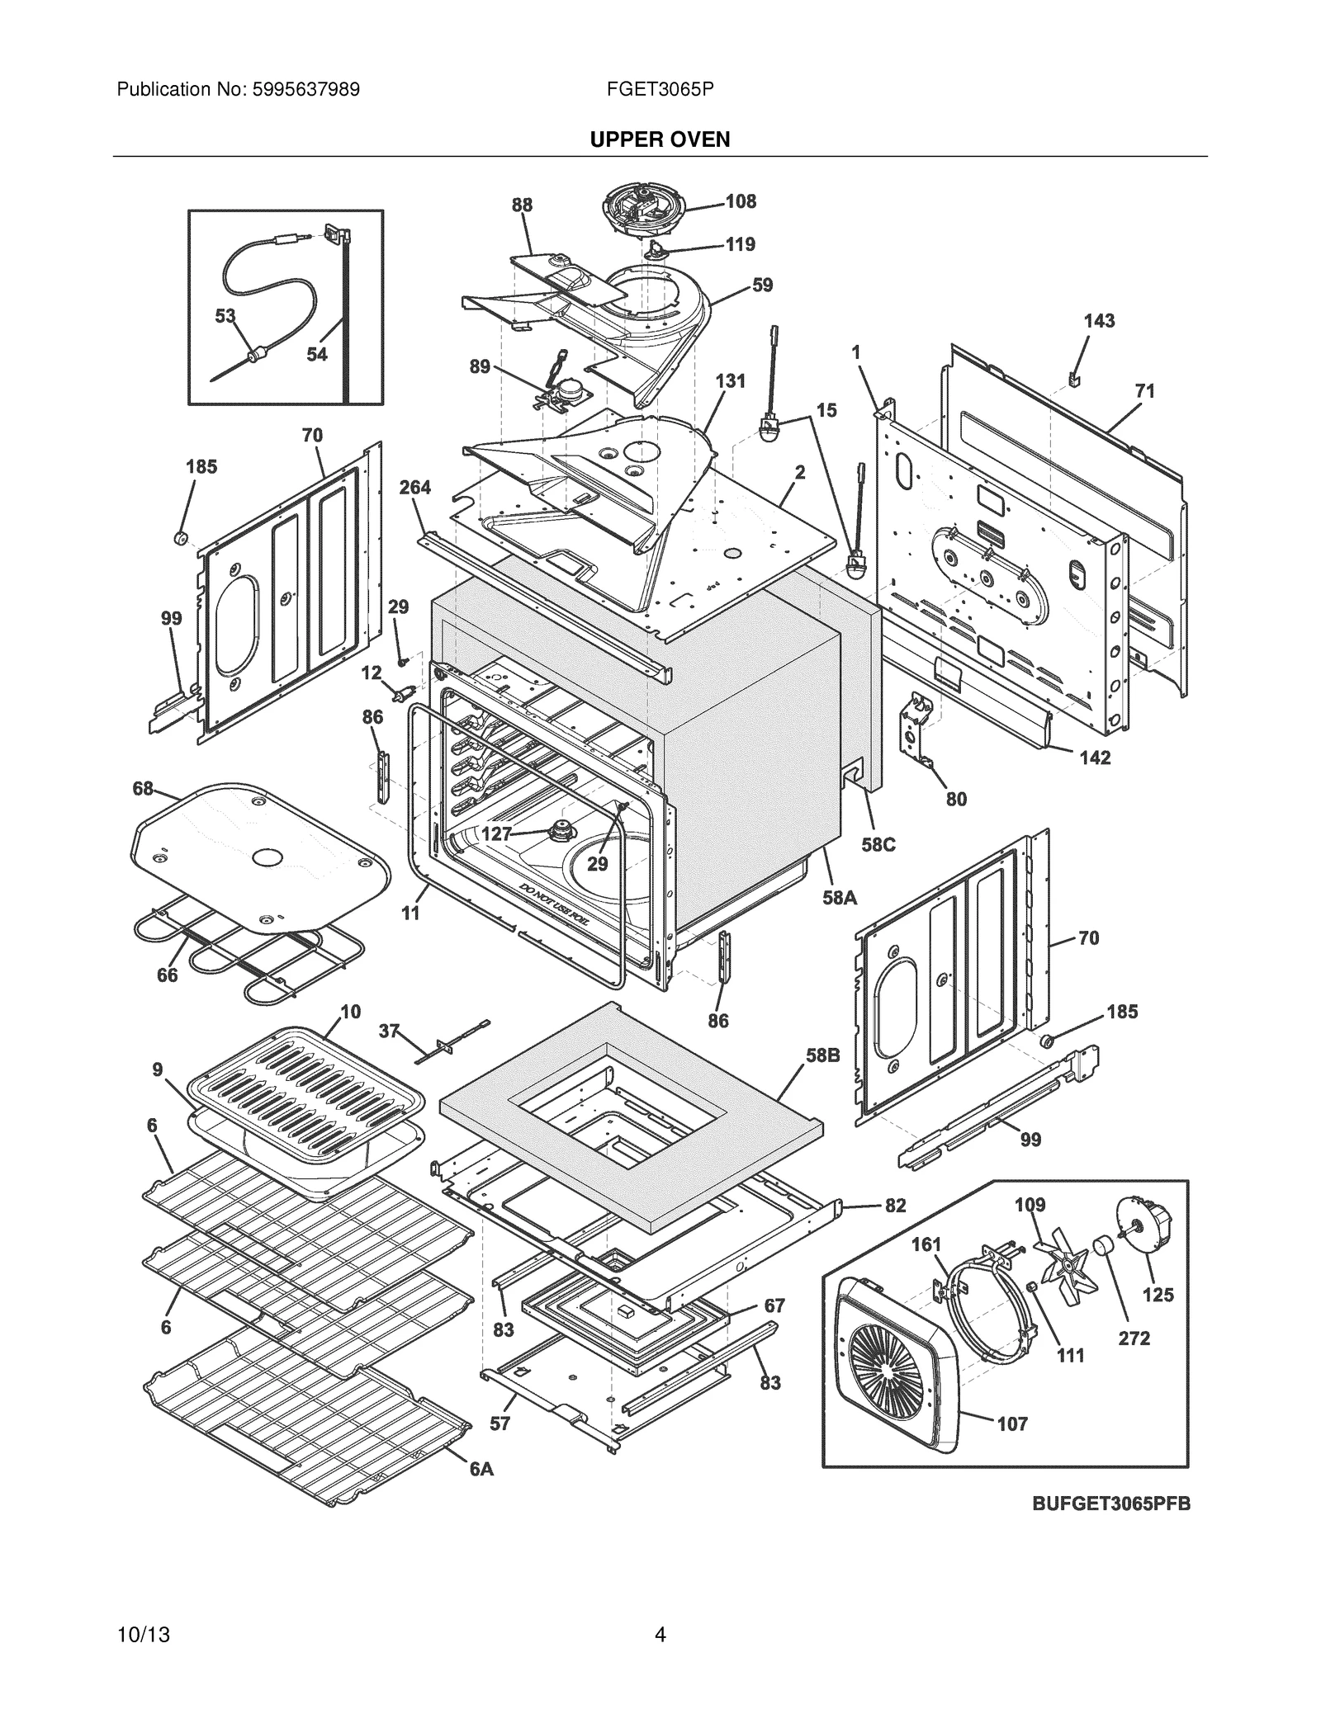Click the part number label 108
point(741,201)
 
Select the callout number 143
point(1099,320)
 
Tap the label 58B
point(822,1055)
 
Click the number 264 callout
point(415,488)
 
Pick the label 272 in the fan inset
point(1134,1338)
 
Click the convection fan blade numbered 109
point(1069,1265)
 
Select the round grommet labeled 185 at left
point(180,539)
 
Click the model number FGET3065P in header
point(660,89)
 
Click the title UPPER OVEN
point(660,139)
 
